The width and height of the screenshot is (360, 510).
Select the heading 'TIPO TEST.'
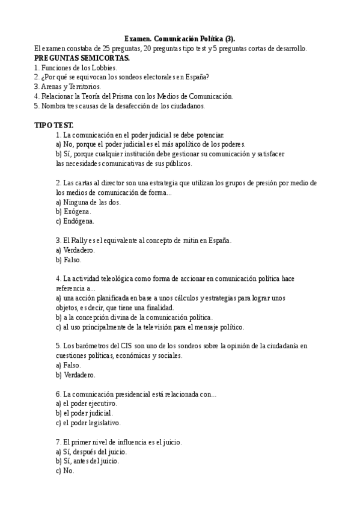tap(54, 125)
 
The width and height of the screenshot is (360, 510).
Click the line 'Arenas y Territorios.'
tap(67, 87)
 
